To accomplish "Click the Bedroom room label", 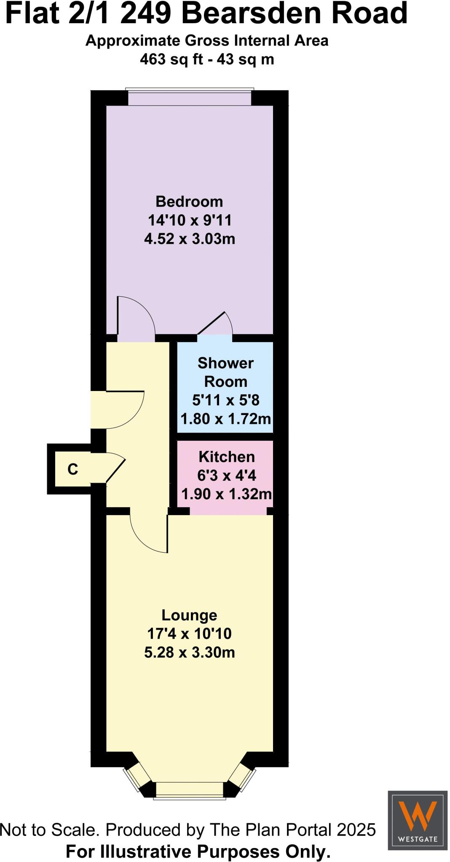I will tap(189, 202).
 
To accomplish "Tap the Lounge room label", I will tap(189, 615).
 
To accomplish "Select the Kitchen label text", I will tap(227, 457).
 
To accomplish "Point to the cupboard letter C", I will tap(73, 469).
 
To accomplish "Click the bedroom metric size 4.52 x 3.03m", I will tap(190, 239).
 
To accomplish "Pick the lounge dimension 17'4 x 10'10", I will tap(189, 633).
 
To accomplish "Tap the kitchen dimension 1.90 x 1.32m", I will tap(226, 493).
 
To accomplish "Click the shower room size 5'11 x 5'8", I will tap(226, 400).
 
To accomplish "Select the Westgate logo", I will tap(418, 820).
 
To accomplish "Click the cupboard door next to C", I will tap(115, 468).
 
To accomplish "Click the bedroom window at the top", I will tap(190, 98).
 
